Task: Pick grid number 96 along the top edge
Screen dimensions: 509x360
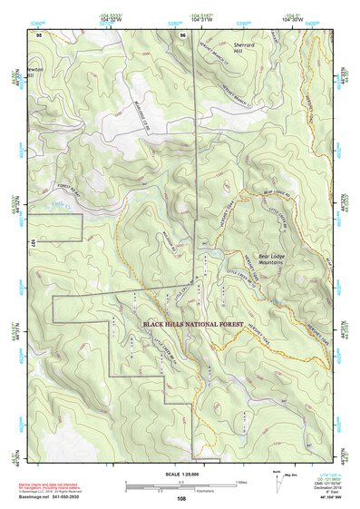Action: click(182, 35)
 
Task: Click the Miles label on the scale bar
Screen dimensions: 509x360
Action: click(240, 484)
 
